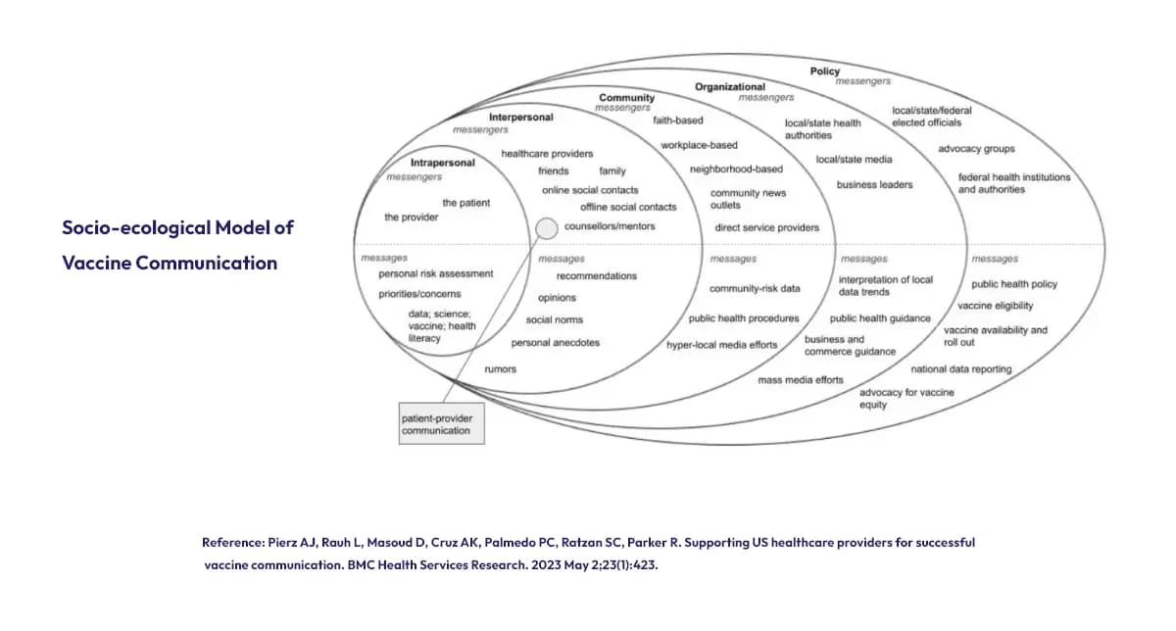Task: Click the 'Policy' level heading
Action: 824,72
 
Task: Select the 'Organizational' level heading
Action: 730,87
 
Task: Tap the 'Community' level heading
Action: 626,98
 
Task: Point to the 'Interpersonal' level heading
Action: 520,118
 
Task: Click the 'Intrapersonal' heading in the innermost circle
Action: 442,163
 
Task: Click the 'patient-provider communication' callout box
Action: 441,424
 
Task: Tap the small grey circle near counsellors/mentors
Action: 547,228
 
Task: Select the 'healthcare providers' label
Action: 547,154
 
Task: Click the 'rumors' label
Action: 500,369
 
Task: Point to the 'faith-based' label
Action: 678,121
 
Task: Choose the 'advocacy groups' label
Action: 976,149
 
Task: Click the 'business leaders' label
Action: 874,184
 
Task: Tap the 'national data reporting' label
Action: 960,369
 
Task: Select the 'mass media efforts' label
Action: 800,379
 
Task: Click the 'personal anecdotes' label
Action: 555,343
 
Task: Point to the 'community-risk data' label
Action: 755,289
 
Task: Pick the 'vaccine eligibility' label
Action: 995,306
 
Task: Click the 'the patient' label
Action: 466,203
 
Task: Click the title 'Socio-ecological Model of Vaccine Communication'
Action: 177,245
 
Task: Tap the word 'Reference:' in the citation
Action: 232,542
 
